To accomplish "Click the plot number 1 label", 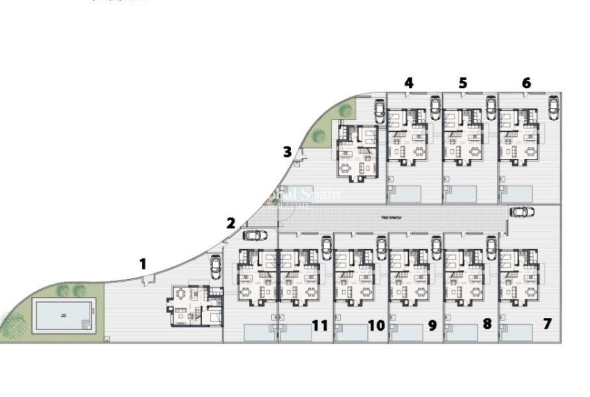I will point(143,263).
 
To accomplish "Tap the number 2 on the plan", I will point(230,223).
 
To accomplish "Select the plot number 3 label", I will point(287,151).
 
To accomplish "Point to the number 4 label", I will point(409,83).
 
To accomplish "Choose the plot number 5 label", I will point(463,83).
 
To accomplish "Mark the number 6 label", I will point(526,83).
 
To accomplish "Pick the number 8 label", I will point(487,323).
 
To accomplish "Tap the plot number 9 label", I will point(432,324).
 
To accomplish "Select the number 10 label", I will point(376,324).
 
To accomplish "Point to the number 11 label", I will point(319,324).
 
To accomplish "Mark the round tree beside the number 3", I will point(319,136).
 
